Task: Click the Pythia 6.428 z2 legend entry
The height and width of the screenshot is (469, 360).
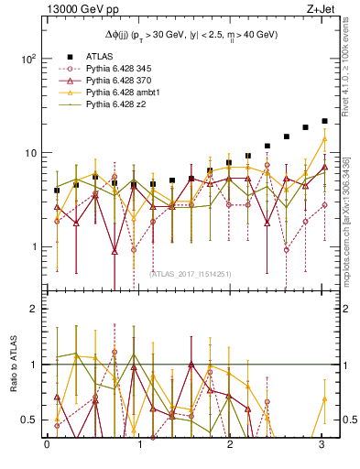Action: [115, 106]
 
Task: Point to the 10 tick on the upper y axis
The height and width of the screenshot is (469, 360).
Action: [29, 152]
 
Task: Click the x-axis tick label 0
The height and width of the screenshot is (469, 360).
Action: [47, 446]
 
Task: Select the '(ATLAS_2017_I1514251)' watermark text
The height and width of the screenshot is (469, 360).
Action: [190, 274]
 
